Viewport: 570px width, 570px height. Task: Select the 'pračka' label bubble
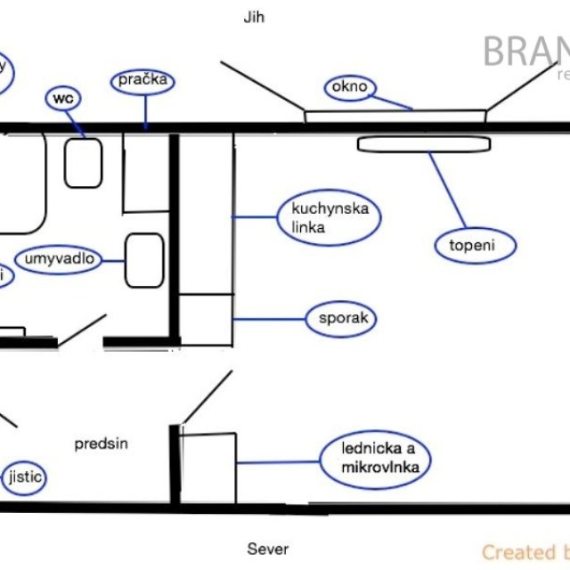142,80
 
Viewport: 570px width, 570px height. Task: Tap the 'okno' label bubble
350,87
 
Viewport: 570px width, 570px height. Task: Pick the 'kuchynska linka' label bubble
323,218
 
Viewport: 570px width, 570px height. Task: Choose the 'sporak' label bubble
338,319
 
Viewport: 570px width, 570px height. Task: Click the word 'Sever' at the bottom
268,549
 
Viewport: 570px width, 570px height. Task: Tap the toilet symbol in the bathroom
83,163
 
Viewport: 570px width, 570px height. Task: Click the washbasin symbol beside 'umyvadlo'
144,260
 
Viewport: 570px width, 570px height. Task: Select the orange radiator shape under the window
424,144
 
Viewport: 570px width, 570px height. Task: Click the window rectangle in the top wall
395,116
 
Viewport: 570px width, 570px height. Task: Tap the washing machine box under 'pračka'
146,173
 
